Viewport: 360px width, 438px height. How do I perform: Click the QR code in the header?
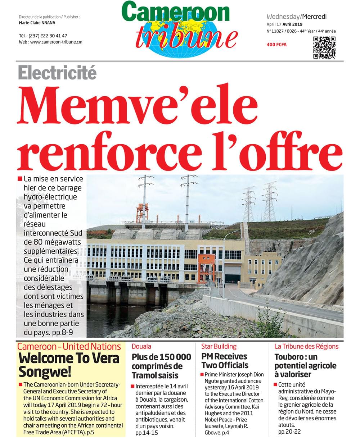[324, 47]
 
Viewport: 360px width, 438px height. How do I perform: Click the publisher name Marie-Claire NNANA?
[37, 23]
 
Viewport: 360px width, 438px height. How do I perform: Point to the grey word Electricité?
[57, 73]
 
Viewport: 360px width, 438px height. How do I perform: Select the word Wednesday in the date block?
[283, 17]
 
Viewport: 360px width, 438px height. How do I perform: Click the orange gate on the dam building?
[206, 268]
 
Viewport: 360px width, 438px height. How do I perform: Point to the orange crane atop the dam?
[142, 213]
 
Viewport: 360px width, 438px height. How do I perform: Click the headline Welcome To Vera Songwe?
[69, 364]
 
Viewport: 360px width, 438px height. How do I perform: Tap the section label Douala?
[141, 347]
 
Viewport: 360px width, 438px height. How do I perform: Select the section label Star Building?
[219, 347]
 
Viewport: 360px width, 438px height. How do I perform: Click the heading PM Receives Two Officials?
[225, 361]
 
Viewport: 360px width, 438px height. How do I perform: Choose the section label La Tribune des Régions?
[306, 347]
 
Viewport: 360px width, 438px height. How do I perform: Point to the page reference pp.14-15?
[147, 433]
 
